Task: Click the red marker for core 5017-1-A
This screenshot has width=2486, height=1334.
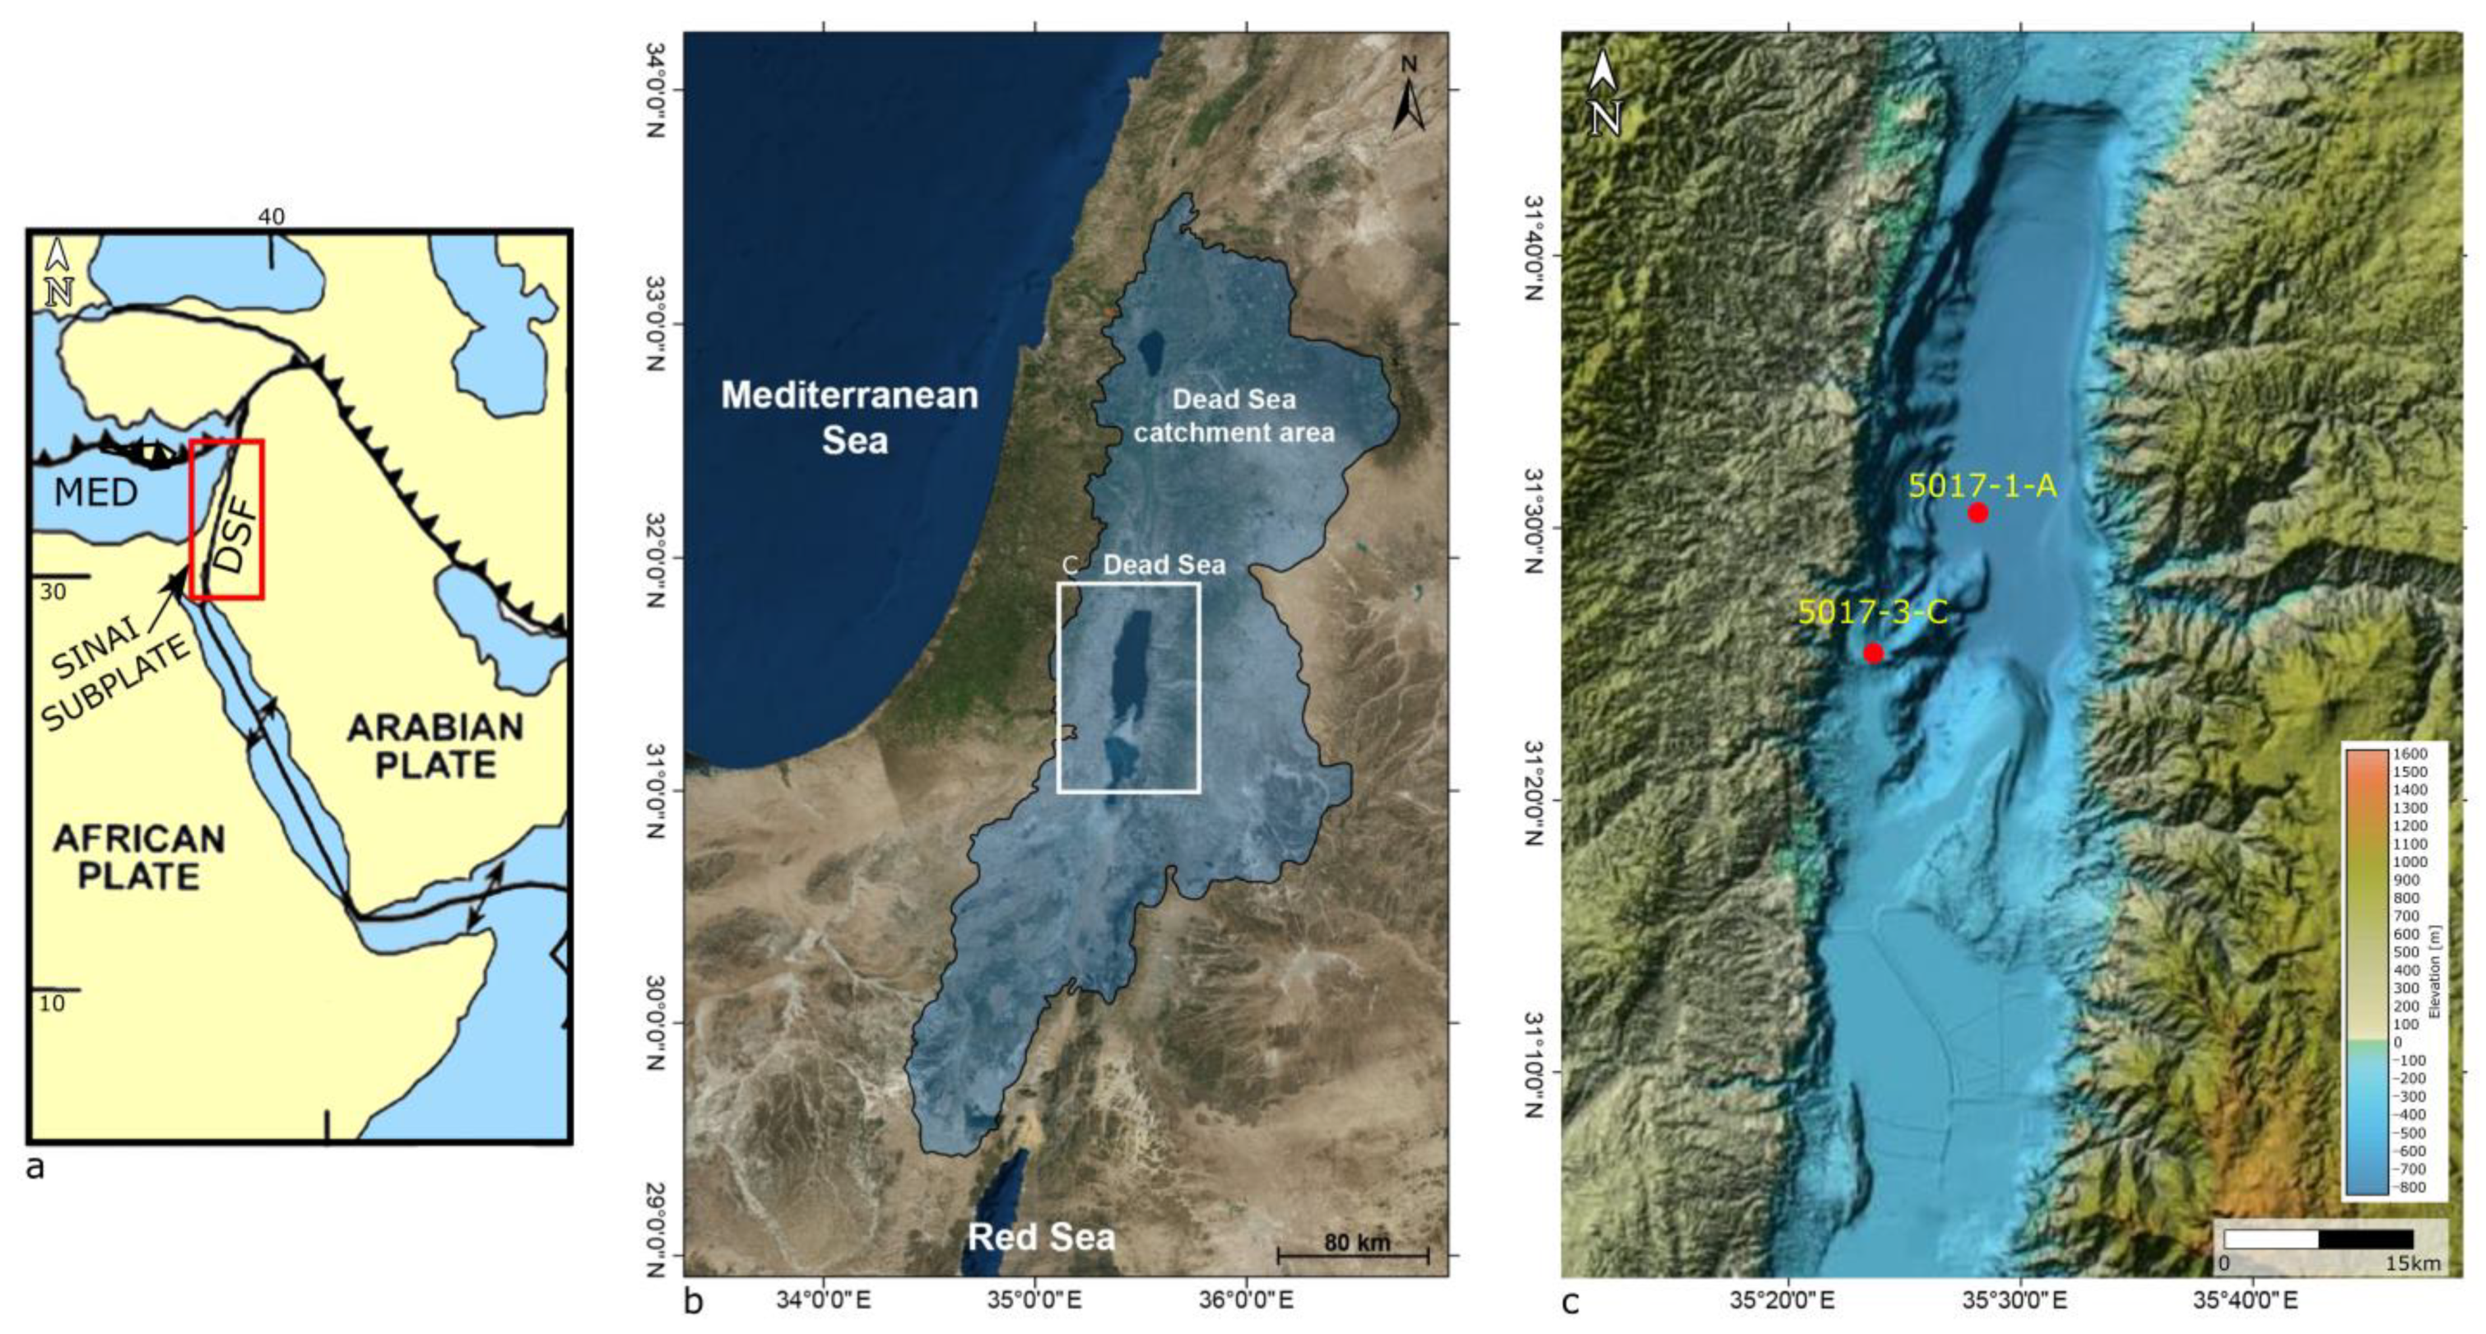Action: tap(1977, 513)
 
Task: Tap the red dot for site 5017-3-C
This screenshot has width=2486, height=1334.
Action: tap(1873, 653)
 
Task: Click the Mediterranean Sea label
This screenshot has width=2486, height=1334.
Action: tap(850, 417)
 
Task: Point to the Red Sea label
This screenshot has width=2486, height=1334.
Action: tap(1041, 1237)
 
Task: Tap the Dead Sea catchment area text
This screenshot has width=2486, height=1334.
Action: tap(1234, 416)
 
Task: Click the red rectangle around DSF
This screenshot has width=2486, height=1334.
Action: tap(227, 519)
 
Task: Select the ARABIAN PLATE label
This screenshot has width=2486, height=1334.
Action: tap(435, 746)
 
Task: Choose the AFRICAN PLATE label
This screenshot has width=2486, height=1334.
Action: tap(139, 856)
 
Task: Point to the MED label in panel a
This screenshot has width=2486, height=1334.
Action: tap(95, 493)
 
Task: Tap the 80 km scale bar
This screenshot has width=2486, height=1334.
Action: tap(1353, 1254)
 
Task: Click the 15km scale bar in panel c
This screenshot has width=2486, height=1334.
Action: tap(2318, 1239)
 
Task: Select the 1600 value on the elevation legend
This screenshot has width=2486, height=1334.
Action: tap(2409, 754)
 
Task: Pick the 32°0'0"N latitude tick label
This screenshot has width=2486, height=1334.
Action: tap(655, 558)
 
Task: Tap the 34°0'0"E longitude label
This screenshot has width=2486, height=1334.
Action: tap(823, 1300)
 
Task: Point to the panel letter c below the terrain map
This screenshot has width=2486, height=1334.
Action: tap(1570, 1302)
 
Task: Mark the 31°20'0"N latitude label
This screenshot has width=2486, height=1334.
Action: tap(1533, 791)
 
